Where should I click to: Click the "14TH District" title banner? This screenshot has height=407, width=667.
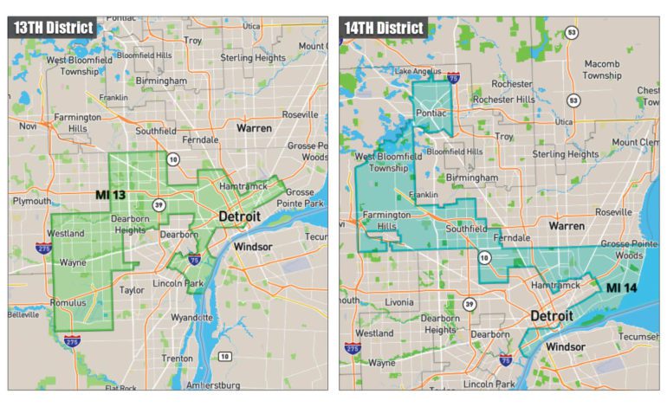point(383,28)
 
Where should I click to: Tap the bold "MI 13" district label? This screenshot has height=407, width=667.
point(110,195)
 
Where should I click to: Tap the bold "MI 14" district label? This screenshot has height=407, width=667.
point(624,287)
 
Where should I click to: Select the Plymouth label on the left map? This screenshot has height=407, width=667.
point(31,201)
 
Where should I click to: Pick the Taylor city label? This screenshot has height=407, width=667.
point(133,291)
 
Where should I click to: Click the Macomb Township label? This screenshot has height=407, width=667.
point(602,69)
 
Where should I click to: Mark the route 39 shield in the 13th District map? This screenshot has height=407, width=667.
point(159,205)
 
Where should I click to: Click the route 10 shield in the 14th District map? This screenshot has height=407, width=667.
point(483,257)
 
